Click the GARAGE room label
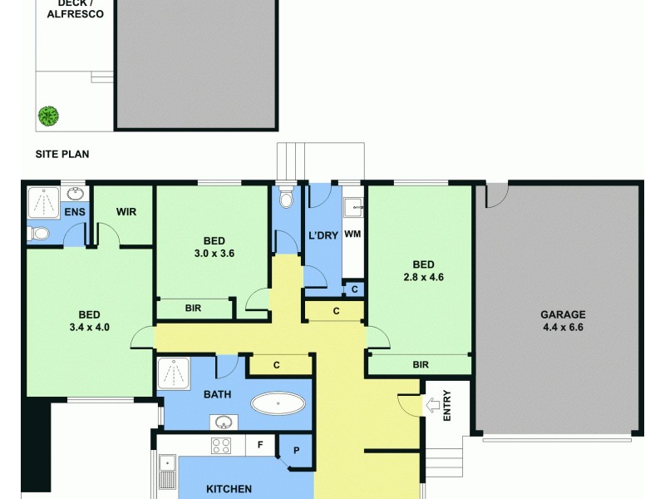(x=563, y=314)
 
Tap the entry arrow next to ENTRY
(x=431, y=406)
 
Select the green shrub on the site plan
(x=48, y=116)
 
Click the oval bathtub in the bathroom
(x=278, y=404)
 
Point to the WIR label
(x=126, y=212)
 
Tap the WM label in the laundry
(x=352, y=235)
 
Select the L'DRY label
(x=323, y=235)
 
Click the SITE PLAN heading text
(x=62, y=154)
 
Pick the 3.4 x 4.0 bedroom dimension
(x=89, y=327)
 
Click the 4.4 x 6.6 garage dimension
(x=563, y=327)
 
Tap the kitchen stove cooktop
(x=220, y=445)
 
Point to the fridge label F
(x=260, y=445)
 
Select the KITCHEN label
(x=229, y=490)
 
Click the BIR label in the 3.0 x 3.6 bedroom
(x=194, y=308)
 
